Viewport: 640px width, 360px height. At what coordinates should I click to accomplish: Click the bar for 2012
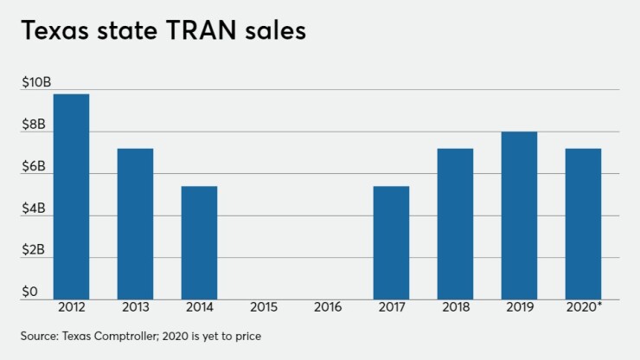(71, 196)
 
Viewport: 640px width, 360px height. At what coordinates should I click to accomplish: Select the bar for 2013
(135, 224)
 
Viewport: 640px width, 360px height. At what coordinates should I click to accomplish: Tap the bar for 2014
(199, 243)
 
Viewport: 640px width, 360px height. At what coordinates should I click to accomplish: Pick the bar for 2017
(391, 243)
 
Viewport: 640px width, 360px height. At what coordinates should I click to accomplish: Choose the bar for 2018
(455, 224)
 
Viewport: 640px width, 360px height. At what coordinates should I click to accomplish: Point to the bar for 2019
(519, 215)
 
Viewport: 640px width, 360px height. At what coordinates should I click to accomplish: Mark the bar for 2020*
(583, 224)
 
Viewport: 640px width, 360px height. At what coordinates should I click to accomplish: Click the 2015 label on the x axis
(263, 306)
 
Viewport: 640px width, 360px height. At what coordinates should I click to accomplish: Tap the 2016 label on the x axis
(327, 306)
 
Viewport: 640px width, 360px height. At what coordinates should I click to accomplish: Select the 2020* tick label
(584, 306)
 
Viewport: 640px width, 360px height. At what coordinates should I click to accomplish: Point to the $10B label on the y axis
(35, 82)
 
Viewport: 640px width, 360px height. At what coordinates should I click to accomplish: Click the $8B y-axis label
(35, 125)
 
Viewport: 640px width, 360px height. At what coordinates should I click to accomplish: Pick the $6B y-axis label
(35, 166)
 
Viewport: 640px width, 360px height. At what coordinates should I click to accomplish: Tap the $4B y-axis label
(35, 209)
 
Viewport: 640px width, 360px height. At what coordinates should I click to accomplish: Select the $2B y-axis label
(35, 251)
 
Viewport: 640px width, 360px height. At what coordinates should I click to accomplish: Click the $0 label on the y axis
(30, 292)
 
